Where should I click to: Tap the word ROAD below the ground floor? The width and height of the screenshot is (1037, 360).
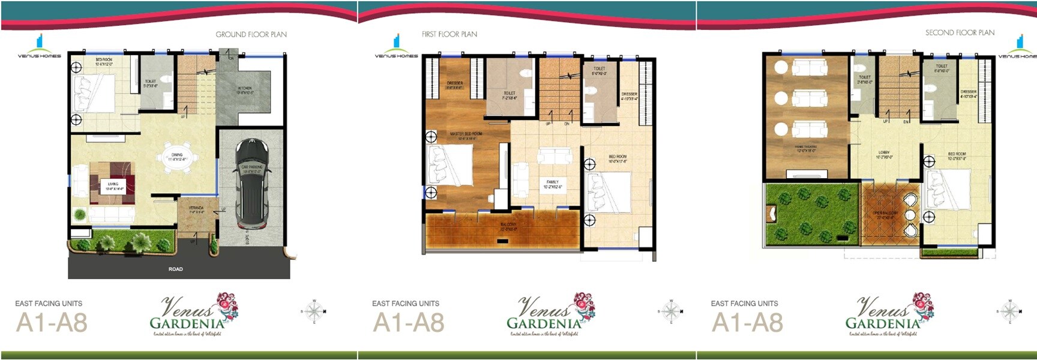[175, 269]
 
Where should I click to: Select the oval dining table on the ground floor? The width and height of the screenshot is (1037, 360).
[176, 158]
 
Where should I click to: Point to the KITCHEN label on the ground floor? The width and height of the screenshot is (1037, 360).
[245, 90]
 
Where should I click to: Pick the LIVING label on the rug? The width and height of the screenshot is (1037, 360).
[113, 185]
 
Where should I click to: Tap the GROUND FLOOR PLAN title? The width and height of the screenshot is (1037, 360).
[251, 34]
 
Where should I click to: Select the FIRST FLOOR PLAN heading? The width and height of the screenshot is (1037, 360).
[449, 34]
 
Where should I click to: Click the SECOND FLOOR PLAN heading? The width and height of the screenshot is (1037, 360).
[960, 32]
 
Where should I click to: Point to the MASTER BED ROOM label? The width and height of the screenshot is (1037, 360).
[466, 135]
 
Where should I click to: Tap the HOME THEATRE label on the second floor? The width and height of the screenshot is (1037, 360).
[805, 148]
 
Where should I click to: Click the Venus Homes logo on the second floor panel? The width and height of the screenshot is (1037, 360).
[1017, 47]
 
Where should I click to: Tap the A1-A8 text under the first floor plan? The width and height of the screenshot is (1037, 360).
[409, 323]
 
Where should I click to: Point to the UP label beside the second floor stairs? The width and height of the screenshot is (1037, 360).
[885, 122]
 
